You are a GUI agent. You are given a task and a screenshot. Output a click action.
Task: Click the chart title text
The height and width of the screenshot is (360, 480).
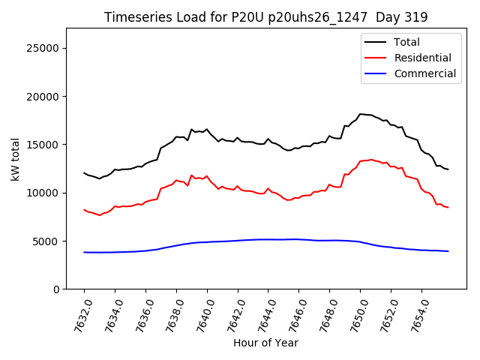click(x=265, y=17)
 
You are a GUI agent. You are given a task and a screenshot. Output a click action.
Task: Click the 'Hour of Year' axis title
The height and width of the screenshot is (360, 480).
click(x=265, y=343)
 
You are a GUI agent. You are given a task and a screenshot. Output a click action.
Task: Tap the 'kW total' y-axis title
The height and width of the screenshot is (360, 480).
click(x=15, y=159)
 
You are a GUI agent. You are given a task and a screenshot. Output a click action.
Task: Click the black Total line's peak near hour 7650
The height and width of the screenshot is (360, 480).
click(x=361, y=114)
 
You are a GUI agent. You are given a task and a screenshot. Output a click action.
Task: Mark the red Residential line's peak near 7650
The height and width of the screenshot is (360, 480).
click(x=370, y=160)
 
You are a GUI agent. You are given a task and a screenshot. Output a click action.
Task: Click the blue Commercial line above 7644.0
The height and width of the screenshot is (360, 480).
click(x=268, y=239)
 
